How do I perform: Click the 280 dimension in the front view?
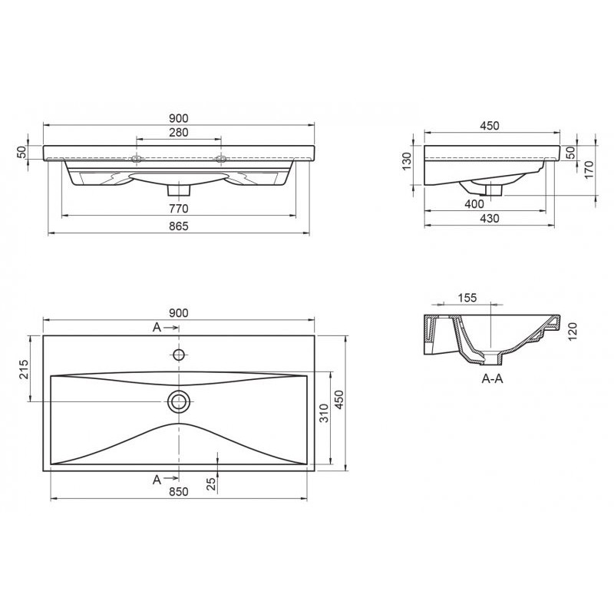point(179,132)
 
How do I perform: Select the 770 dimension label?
point(179,209)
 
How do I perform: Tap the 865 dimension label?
point(179,226)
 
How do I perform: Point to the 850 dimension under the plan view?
point(179,491)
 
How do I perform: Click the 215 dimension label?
point(23,369)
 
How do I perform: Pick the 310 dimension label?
point(324,414)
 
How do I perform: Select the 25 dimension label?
point(211,484)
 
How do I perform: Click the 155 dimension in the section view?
point(467,298)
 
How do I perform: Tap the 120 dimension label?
point(573,332)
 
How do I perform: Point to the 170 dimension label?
point(589,170)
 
